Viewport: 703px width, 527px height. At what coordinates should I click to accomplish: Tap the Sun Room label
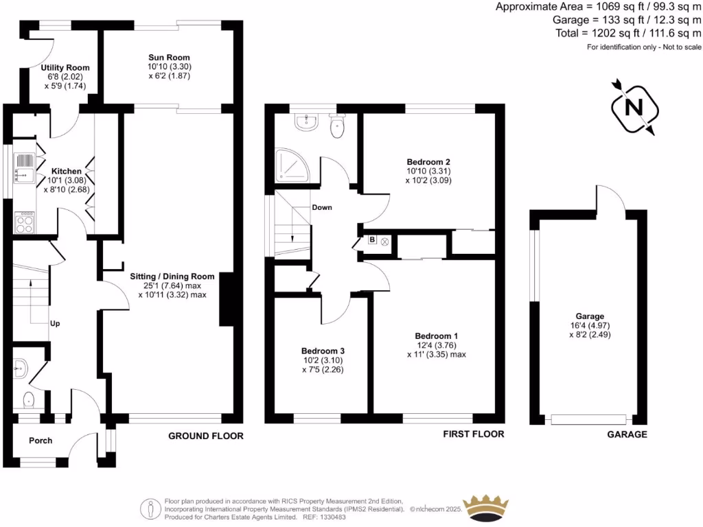tap(169, 58)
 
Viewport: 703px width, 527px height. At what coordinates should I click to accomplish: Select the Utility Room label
tap(65, 68)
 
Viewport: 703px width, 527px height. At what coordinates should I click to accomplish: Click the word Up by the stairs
tap(54, 323)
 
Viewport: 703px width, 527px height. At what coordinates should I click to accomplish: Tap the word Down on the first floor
tap(323, 207)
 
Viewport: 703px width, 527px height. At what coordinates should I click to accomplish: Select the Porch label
tap(41, 441)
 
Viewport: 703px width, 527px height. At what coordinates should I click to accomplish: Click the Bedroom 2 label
tap(428, 162)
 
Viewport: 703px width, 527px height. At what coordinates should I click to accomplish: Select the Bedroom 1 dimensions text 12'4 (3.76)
tap(433, 345)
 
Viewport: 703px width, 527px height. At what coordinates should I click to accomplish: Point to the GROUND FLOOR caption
tap(206, 436)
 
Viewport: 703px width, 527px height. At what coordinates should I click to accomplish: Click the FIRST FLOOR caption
tap(473, 434)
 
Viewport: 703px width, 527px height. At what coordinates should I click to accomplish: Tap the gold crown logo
tap(487, 508)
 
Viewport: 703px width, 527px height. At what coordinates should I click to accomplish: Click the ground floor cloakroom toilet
tap(29, 399)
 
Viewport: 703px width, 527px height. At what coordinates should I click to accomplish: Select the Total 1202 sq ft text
tap(628, 33)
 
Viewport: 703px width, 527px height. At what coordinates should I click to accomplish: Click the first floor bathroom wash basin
tap(306, 121)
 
